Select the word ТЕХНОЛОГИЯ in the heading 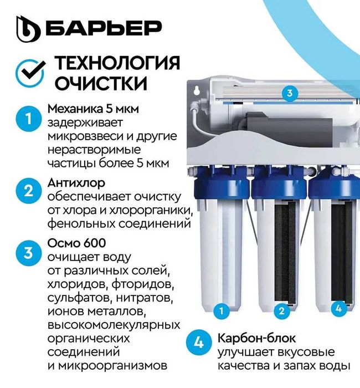tap(117, 63)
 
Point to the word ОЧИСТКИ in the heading tap(101, 84)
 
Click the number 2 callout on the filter tap(281, 310)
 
